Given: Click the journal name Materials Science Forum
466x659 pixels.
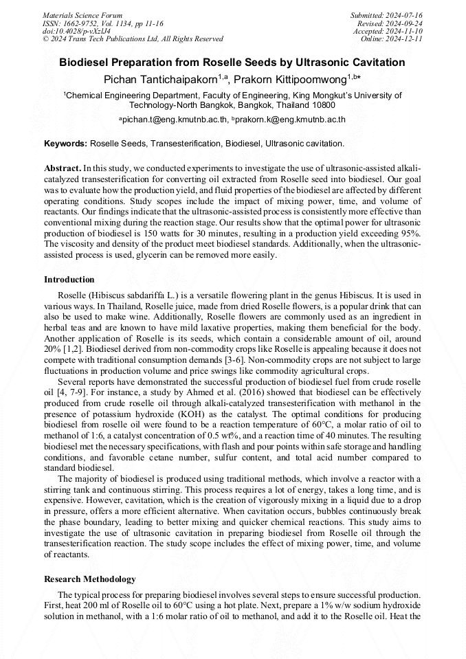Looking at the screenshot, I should point(82,14).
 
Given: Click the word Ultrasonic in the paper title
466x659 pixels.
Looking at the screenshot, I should point(311,63).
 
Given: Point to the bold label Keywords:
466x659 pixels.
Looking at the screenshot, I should point(65,144).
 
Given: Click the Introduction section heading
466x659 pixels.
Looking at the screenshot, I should point(69,280).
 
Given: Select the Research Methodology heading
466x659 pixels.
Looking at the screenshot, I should point(89,579).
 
